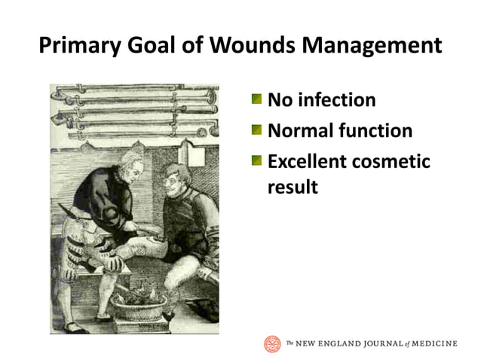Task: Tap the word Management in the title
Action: (x=375, y=46)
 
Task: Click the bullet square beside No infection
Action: (x=257, y=99)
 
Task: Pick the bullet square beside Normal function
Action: (x=257, y=130)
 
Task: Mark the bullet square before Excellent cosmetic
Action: (x=257, y=160)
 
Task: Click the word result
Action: (x=293, y=186)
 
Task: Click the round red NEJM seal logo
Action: (x=272, y=343)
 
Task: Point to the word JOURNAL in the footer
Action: (x=375, y=344)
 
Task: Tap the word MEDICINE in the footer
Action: (x=433, y=344)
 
